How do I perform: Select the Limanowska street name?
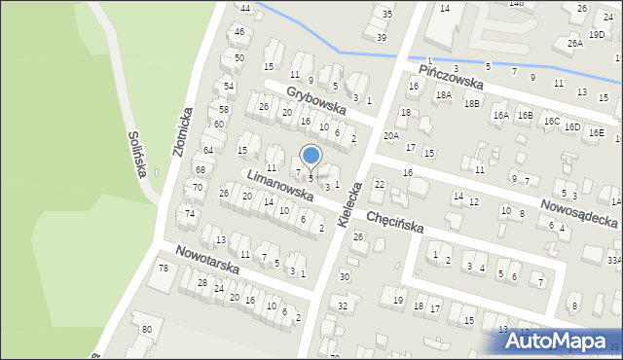click(x=279, y=186)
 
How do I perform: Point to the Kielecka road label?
click(x=350, y=203)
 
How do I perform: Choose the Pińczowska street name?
click(x=451, y=77)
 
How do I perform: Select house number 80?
click(x=146, y=329)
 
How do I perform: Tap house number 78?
click(x=164, y=268)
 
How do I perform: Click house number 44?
click(x=245, y=9)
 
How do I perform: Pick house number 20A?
click(x=390, y=136)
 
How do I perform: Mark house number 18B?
click(x=472, y=103)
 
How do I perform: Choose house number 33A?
click(x=613, y=260)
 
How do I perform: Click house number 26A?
click(x=575, y=43)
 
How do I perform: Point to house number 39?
click(x=382, y=37)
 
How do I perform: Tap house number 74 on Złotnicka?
click(x=191, y=213)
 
